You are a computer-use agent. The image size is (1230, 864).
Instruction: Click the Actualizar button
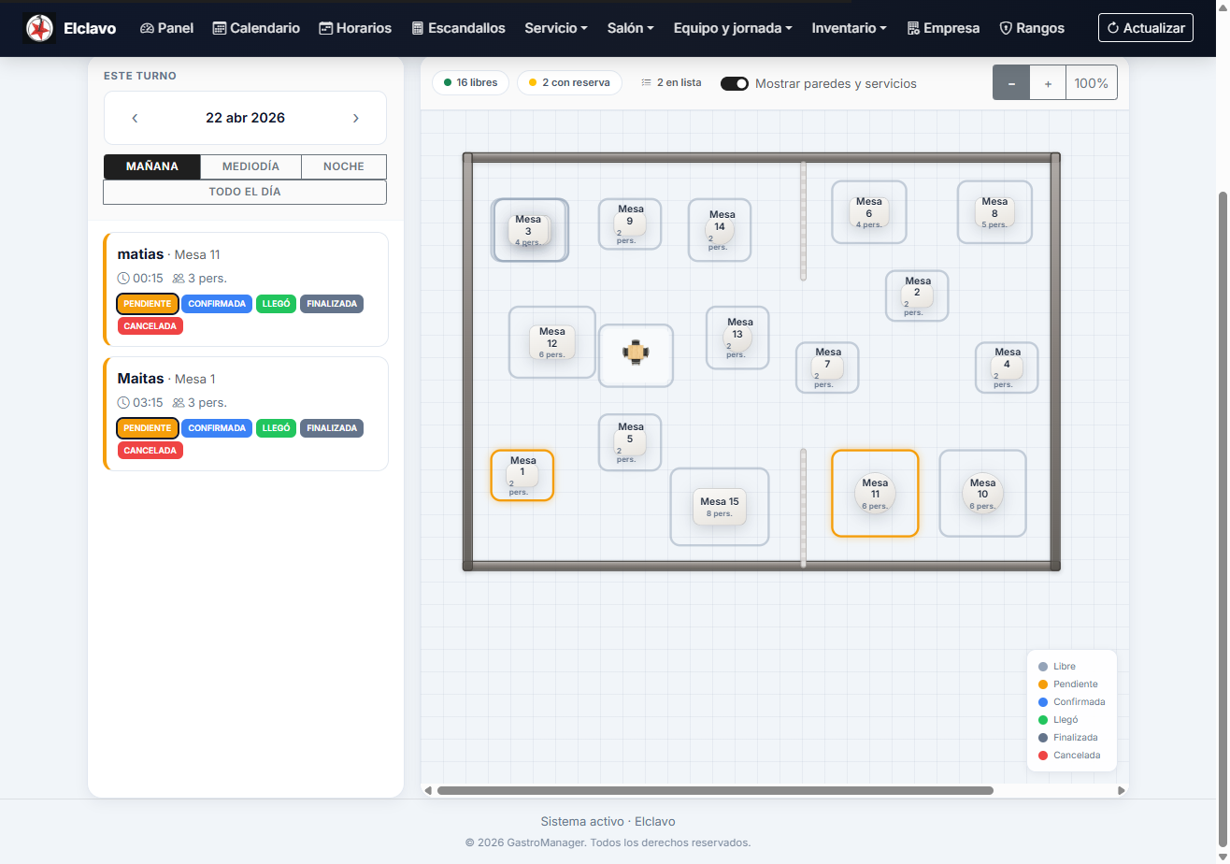coord(1146,27)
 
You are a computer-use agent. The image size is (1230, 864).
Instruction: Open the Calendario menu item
coord(256,28)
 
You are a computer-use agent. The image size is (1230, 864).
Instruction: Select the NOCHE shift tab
coord(344,166)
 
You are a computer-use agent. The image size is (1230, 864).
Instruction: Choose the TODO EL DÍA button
coord(245,192)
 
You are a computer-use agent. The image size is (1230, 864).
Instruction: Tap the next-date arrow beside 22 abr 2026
coord(356,118)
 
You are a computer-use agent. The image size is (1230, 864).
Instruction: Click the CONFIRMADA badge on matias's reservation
coord(217,304)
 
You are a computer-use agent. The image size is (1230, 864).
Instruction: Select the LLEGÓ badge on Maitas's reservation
coord(276,428)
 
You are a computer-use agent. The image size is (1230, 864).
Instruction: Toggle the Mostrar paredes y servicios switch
coord(734,83)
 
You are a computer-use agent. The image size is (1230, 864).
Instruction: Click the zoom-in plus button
coord(1048,83)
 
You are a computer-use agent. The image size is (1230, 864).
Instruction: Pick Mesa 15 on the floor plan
coord(720,507)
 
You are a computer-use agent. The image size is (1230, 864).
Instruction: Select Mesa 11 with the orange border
coord(875,493)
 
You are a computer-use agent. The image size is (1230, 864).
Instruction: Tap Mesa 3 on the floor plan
coord(529,230)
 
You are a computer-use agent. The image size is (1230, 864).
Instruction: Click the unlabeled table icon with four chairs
coord(636,353)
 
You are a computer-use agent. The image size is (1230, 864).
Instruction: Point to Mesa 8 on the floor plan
coord(994,212)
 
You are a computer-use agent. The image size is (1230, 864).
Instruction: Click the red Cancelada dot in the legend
coord(1043,756)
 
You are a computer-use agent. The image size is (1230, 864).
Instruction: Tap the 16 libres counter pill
coord(470,82)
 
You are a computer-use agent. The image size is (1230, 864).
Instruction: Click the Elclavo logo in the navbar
coord(39,28)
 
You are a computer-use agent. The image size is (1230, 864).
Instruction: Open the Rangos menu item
coord(1032,28)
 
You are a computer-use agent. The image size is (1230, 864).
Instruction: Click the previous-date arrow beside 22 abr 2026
coord(135,118)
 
